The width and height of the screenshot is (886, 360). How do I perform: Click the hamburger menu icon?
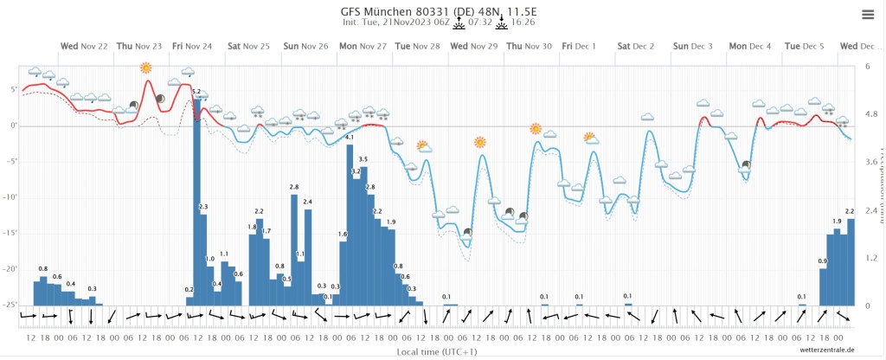tap(868, 14)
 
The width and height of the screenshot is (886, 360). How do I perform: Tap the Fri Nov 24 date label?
tap(191, 45)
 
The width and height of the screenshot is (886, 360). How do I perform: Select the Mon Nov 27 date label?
tap(363, 45)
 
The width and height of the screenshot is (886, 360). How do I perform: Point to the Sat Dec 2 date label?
tap(636, 45)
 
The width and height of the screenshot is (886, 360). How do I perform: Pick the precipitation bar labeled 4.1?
tap(350, 225)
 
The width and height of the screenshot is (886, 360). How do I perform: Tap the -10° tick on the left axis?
tap(13, 197)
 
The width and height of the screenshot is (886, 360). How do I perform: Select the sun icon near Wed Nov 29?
tap(480, 142)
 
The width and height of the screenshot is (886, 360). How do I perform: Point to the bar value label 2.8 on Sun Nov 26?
tap(294, 187)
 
